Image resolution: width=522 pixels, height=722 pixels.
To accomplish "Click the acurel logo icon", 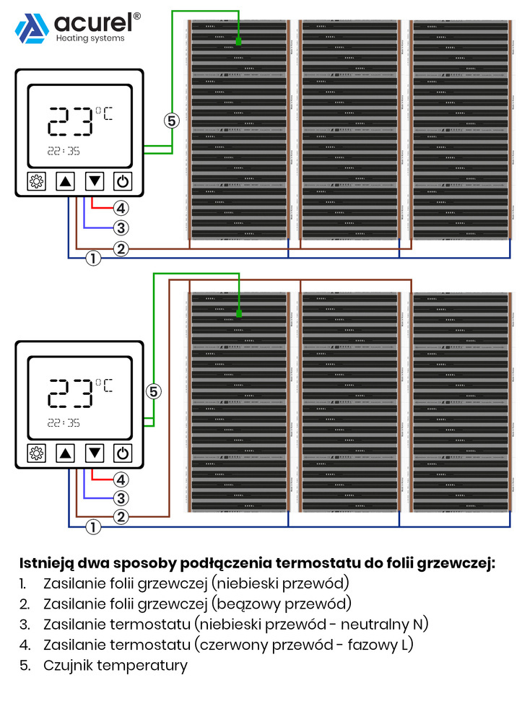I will [x=32, y=29].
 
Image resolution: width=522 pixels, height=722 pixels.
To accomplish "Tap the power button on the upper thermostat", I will [x=123, y=181].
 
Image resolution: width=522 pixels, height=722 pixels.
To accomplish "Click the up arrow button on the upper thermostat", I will [x=66, y=181].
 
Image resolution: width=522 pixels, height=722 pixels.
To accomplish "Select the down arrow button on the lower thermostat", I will [x=95, y=453].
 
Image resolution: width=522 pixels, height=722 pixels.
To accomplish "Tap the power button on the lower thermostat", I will [x=123, y=453].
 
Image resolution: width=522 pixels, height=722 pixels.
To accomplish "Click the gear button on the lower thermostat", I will [x=36, y=453].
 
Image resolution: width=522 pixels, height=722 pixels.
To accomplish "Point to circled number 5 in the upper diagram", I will [x=171, y=121].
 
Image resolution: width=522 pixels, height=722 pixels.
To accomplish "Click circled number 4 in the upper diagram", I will [x=121, y=208].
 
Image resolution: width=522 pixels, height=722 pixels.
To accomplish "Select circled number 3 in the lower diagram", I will [x=121, y=498].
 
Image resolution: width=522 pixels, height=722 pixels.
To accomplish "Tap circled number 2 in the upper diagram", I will [x=121, y=249].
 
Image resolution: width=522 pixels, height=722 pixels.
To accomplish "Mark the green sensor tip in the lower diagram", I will [x=238, y=313].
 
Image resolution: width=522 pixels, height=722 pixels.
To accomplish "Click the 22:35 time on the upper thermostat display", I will [x=64, y=152].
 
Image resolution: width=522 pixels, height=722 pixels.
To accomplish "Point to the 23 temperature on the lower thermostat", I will [x=70, y=395].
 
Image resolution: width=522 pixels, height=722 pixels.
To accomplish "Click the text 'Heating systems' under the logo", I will [x=90, y=38].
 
